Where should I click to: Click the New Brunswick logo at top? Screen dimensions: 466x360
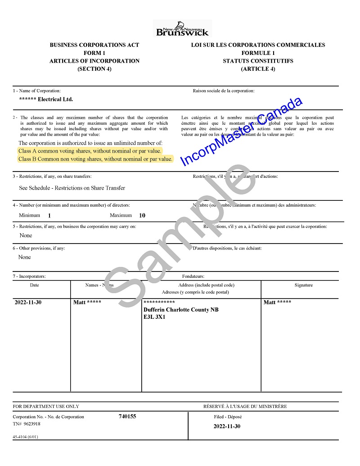[182, 28]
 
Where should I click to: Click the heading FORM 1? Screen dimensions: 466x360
[94, 53]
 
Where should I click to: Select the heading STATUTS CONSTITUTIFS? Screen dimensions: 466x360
[258, 61]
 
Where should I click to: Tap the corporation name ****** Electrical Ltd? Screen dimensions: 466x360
[46, 100]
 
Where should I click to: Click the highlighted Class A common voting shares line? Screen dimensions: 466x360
[90, 151]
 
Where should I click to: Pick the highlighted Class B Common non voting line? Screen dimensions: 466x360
[95, 159]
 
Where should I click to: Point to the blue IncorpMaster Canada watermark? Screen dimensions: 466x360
[241, 131]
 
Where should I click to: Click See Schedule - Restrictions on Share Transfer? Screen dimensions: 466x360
[72, 188]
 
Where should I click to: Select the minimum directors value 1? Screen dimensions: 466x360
[49, 216]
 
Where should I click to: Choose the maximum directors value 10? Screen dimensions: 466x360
[142, 216]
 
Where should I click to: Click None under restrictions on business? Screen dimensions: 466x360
[26, 235]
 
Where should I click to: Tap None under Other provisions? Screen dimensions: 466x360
[25, 257]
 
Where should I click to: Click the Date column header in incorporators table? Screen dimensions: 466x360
[35, 285]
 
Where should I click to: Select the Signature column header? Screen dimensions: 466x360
[303, 285]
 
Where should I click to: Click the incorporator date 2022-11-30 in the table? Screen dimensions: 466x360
[28, 302]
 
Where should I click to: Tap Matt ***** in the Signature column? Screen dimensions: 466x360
[277, 302]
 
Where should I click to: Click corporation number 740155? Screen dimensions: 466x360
[127, 416]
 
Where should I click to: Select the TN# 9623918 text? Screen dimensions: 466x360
[27, 424]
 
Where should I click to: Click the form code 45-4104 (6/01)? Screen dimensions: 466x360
[26, 437]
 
